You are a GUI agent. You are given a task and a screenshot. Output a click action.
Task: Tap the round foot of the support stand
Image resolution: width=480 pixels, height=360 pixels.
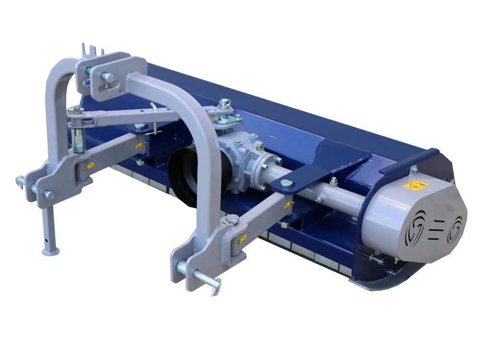point(50,251)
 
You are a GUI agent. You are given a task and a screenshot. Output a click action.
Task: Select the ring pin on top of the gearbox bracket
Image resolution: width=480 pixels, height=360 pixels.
point(224,103)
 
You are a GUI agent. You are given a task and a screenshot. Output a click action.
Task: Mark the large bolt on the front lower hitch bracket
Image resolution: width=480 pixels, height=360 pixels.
point(232,219)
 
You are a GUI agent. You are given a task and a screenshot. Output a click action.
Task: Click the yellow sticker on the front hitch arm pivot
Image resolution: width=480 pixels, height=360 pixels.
point(243,238)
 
